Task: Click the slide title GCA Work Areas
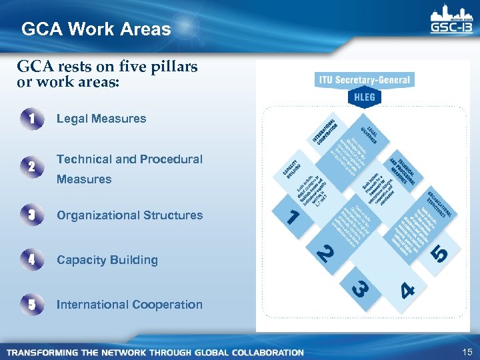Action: [96, 29]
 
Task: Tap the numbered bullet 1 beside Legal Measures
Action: [32, 119]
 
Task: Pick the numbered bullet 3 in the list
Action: [32, 215]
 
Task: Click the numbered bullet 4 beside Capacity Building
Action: [32, 260]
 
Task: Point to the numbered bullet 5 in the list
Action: [32, 305]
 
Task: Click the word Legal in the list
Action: [73, 119]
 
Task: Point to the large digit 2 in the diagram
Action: [325, 253]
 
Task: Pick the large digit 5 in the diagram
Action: [439, 253]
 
